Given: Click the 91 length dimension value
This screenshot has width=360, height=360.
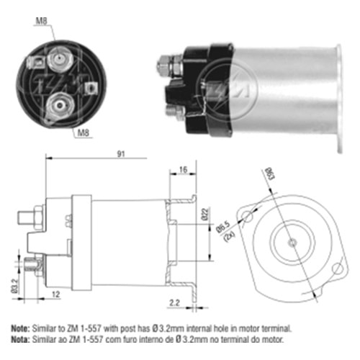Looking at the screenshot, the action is coord(121,154).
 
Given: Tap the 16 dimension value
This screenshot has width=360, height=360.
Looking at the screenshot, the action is coord(183,170).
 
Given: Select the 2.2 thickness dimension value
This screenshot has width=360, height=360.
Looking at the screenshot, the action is coord(174,302).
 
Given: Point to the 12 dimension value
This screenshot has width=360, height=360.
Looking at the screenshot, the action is coord(56,294).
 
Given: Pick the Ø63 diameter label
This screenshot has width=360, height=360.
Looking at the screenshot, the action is coord(269,174).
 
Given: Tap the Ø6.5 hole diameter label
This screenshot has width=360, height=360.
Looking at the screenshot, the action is coord(222,228).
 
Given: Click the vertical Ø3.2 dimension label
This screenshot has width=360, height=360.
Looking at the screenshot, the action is coord(14,286).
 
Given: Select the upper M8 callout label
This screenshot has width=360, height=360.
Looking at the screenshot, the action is coord(41,21).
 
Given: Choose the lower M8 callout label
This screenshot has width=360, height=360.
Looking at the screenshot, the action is coord(84,132).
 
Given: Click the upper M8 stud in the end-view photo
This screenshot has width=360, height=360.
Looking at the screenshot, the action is coord(59,59).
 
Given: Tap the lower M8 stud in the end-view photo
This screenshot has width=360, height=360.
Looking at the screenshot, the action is coord(60,105).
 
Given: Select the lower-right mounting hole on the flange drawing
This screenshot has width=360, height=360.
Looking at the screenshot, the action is coord(338,268).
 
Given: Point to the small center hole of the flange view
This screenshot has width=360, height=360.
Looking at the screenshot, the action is coord(292,243).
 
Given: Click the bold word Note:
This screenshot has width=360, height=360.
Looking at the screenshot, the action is coord(21,328).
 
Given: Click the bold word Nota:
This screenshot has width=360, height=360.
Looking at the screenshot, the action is coord(21,339).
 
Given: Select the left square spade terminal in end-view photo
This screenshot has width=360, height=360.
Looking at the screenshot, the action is coord(37,63).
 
